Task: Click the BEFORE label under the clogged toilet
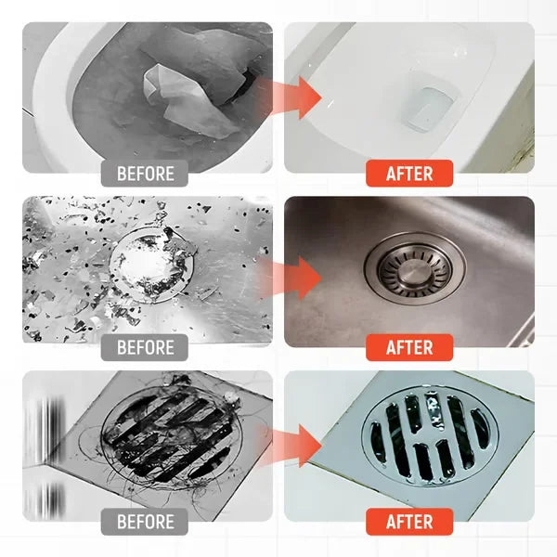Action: coord(145,173)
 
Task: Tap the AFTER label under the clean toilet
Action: coord(409,173)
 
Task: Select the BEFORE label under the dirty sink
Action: coord(145,347)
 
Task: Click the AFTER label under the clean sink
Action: coord(409,347)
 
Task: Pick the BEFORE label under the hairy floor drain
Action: coord(145,521)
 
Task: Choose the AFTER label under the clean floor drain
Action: coord(409,521)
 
